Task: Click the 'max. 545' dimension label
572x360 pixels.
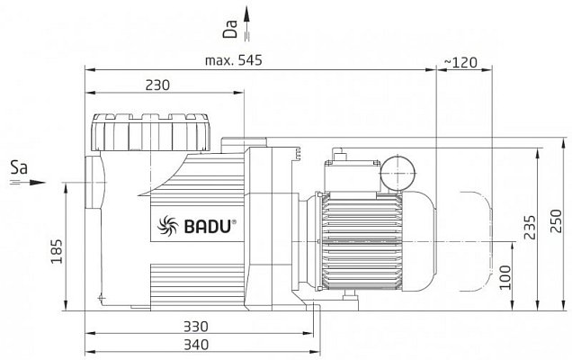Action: pos(234,60)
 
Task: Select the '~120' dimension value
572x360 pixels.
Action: pos(460,63)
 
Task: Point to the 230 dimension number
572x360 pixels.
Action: pos(157,85)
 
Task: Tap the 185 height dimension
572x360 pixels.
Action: pos(57,252)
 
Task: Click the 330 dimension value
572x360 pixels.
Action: pos(196,326)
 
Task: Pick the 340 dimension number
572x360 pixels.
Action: pos(196,345)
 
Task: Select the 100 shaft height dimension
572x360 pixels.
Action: pos(505,277)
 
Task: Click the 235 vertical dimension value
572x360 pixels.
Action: pos(530,227)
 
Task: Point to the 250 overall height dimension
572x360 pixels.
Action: pos(556,220)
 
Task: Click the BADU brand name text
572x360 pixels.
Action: pos(208,227)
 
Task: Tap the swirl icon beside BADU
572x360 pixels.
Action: pos(168,225)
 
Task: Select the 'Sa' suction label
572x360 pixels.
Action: pos(19,168)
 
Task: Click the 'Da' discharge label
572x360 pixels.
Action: pos(230,29)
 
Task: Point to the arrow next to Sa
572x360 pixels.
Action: pos(28,182)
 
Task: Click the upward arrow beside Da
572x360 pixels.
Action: pos(247,22)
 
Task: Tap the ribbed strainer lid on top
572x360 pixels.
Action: pos(151,132)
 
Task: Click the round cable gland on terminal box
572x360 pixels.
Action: pos(398,174)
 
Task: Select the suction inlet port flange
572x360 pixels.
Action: pos(93,182)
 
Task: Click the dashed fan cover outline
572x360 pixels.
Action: pos(476,241)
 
